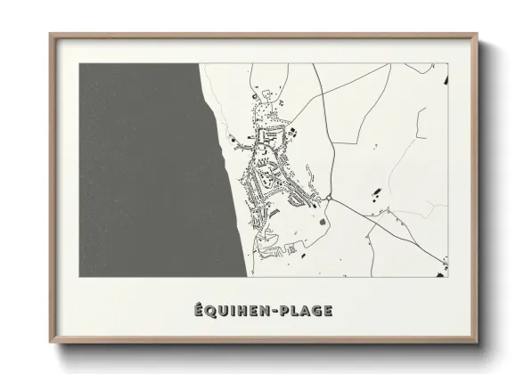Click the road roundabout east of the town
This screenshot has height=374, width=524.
click(328, 198)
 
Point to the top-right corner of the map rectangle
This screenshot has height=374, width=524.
click(447, 63)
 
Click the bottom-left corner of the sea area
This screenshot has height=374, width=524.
click(79, 276)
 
